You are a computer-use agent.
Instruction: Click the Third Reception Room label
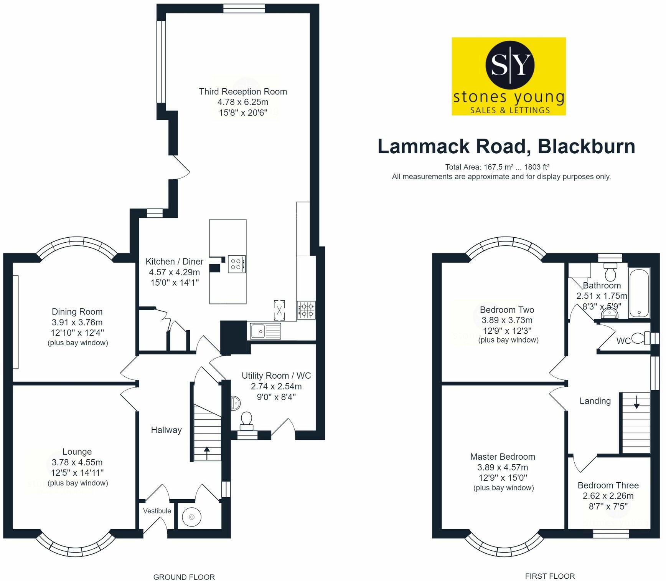coord(243,91)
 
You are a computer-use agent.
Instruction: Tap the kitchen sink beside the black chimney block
coord(265,331)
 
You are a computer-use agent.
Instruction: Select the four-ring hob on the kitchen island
coord(236,264)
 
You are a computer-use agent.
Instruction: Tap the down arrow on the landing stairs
coord(636,402)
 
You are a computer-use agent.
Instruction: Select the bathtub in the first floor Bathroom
coord(639,293)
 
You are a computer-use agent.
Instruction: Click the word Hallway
coord(166,430)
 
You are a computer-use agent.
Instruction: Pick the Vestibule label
coord(157,511)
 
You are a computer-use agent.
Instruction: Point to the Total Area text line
coord(497,167)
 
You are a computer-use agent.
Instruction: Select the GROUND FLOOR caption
coord(184,577)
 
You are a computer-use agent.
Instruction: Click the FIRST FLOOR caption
coord(550,576)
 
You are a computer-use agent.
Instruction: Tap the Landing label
coord(595,401)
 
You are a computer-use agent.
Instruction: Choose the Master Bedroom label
coord(503,457)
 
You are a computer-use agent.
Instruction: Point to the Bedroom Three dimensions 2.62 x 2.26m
coord(608,496)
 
